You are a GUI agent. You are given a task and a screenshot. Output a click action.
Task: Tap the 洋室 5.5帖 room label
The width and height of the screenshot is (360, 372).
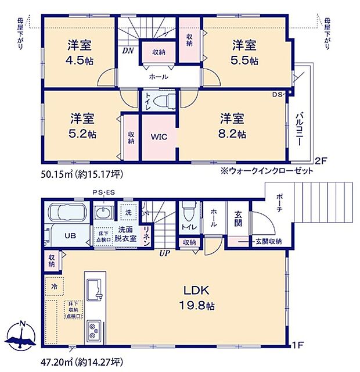(x=246, y=52)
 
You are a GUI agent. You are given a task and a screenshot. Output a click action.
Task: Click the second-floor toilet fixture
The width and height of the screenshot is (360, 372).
(x=165, y=100)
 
